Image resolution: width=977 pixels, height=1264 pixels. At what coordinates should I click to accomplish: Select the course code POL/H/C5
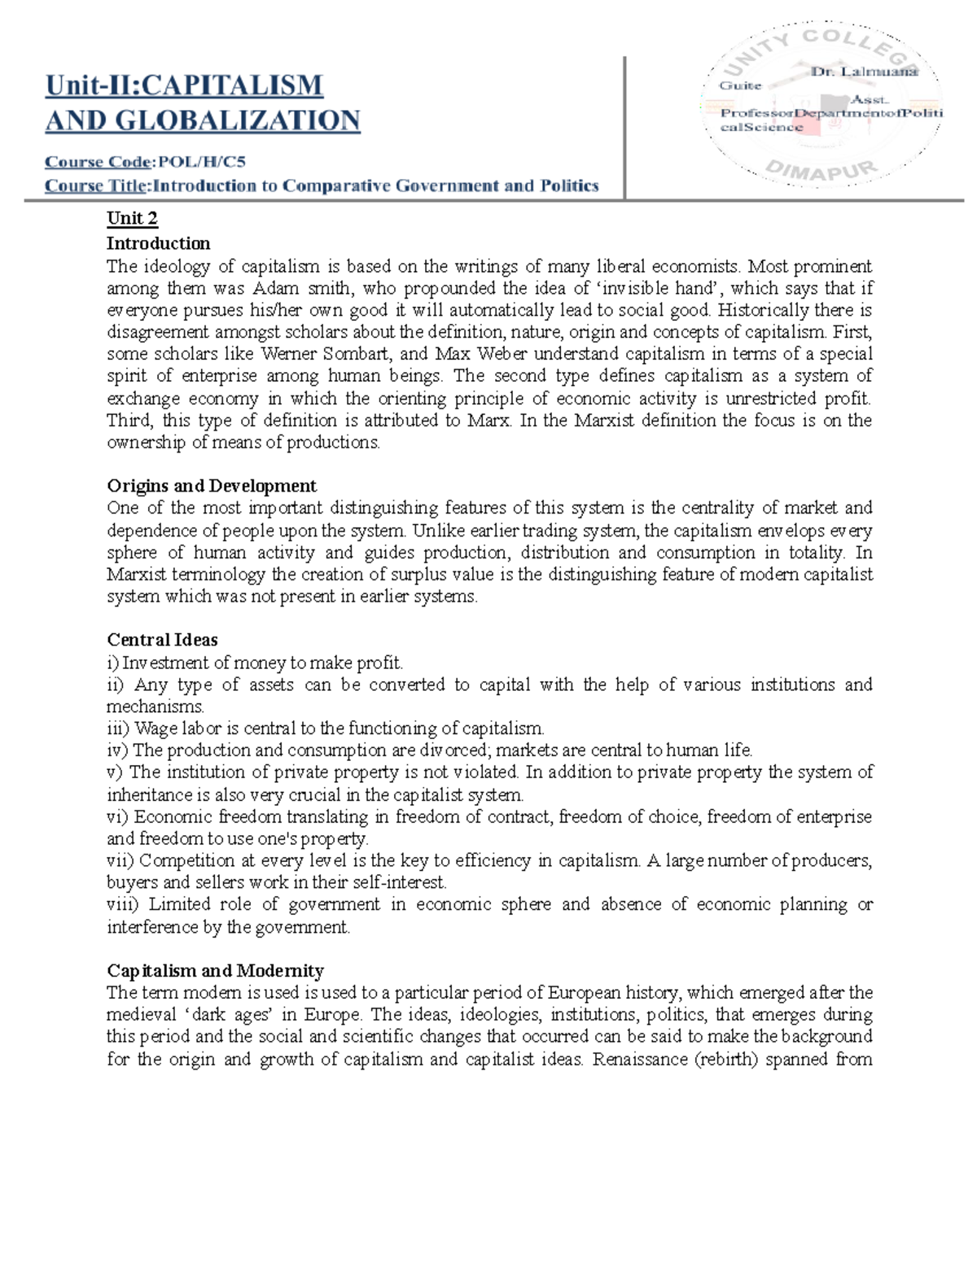(x=201, y=161)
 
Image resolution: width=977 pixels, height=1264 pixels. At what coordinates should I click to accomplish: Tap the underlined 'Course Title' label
(x=96, y=186)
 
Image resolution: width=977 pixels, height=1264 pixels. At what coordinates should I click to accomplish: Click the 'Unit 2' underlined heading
(x=132, y=218)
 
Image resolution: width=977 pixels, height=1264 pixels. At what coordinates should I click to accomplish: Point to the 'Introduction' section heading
(x=158, y=243)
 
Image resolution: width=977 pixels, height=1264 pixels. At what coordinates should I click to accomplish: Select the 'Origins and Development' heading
(x=212, y=486)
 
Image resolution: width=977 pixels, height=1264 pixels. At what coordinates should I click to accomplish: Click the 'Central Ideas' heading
(x=162, y=640)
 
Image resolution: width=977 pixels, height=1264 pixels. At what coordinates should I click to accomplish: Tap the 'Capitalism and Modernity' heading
(x=215, y=970)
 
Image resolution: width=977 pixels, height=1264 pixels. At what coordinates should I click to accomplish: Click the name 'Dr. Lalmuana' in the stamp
(x=864, y=72)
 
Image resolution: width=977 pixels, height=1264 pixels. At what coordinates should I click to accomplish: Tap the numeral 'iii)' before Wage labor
(x=118, y=728)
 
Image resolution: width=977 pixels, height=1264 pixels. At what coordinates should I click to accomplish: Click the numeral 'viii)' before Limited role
(x=123, y=904)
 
